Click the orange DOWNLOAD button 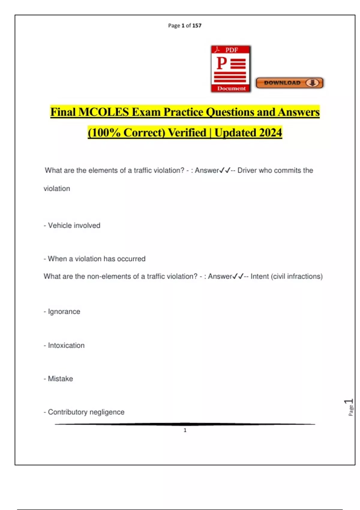[x=289, y=83]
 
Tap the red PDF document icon [x=231, y=69]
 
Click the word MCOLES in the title [x=103, y=112]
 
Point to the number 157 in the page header [x=197, y=25]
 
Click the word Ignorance [x=64, y=312]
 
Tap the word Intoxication [x=66, y=346]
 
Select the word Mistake [x=60, y=379]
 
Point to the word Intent [x=259, y=276]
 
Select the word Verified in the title [x=187, y=133]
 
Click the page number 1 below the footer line [x=185, y=430]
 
